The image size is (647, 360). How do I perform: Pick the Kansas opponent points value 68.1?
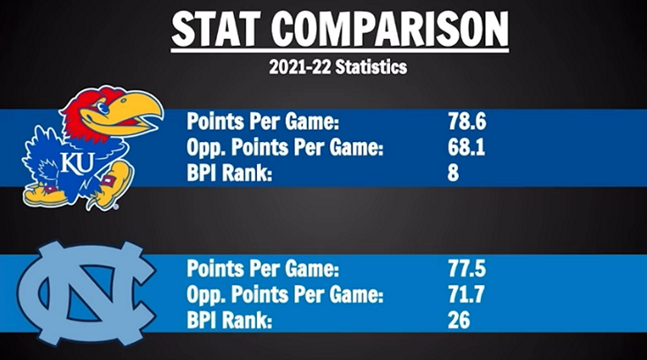click(467, 147)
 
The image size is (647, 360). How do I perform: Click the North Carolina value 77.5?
click(467, 267)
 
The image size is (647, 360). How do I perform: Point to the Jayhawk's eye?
click(105, 108)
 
